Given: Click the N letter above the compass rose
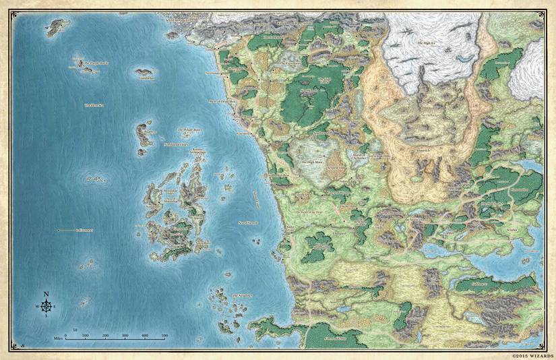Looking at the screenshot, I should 46,295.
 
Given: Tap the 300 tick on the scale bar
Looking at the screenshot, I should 125,335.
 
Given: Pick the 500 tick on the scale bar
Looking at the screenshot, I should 165,335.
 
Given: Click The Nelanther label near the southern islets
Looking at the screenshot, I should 241,295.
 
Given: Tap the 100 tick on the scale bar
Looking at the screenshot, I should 86,335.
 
